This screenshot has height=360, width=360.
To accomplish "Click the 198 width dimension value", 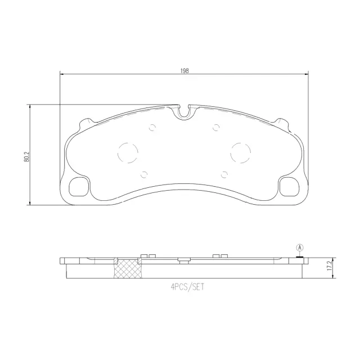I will pyautogui.click(x=184, y=70).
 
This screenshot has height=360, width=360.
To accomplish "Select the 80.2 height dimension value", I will pyautogui.click(x=26, y=155).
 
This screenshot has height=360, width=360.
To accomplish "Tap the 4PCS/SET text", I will pyautogui.click(x=185, y=286).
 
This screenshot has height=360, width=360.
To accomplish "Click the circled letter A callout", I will pyautogui.click(x=299, y=248).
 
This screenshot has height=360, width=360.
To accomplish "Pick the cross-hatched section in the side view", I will pyautogui.click(x=127, y=269).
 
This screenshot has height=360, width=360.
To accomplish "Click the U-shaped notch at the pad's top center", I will pyautogui.click(x=184, y=111).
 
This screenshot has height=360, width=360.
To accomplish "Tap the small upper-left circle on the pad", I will pyautogui.click(x=151, y=128).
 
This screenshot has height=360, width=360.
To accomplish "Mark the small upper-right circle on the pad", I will pyautogui.click(x=216, y=128).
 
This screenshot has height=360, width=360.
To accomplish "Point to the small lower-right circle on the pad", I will pyautogui.click(x=224, y=173).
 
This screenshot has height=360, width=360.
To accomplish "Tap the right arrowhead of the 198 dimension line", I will pyautogui.click(x=307, y=74).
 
